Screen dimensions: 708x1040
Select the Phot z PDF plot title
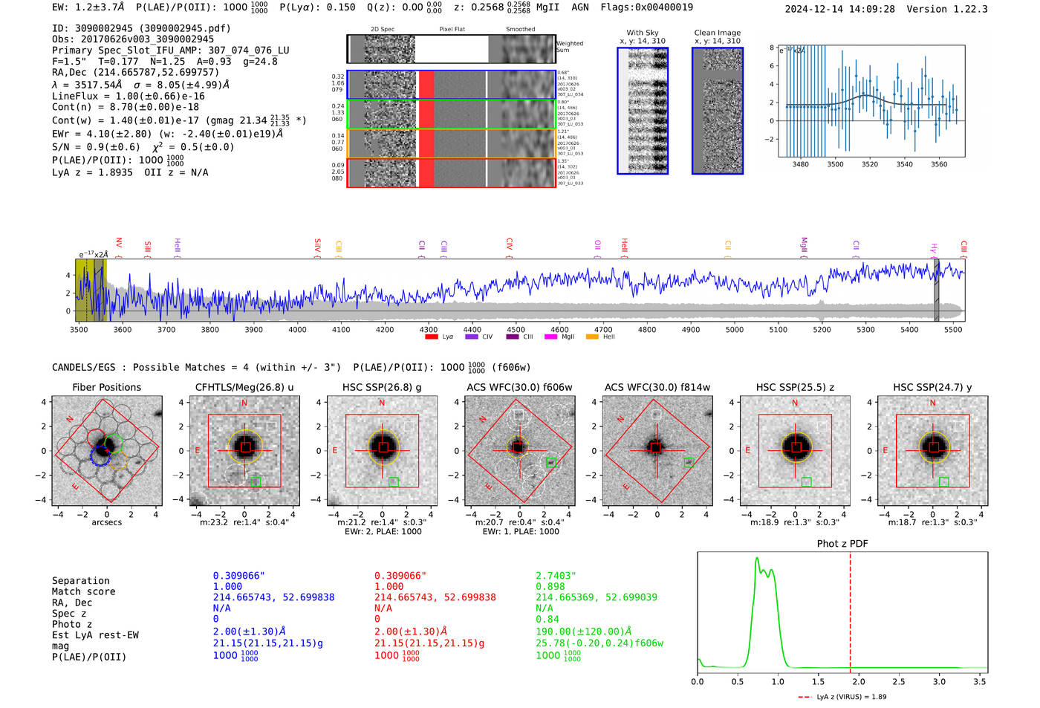coord(842,544)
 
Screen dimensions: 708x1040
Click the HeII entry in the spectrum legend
coord(608,337)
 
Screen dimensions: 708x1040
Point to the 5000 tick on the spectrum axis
coord(734,329)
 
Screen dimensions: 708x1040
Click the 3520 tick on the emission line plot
coord(870,164)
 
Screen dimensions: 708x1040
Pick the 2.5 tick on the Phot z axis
coord(899,681)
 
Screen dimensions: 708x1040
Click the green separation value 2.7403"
coord(556,576)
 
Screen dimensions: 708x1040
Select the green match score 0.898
coord(550,586)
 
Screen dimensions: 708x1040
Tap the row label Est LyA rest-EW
coord(95,635)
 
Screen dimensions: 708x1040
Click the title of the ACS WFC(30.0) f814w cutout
coord(657,387)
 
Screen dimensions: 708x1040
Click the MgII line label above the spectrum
coord(804,245)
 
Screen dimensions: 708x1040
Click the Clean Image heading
coord(717,33)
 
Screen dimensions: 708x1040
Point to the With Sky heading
coord(642,33)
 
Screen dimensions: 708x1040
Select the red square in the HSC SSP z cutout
coord(796,447)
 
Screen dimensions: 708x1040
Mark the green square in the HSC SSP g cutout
coord(394,482)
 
